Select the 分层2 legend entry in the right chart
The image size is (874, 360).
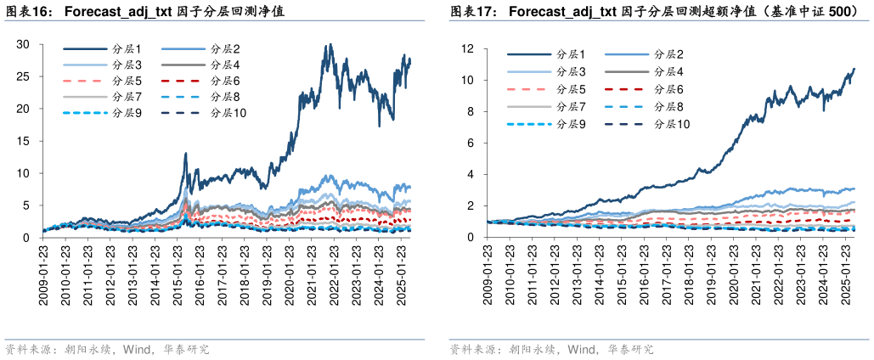pos(667,54)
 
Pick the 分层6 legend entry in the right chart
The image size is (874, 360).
pos(667,89)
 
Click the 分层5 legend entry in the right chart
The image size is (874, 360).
pos(569,89)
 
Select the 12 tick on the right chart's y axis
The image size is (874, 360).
pos(467,49)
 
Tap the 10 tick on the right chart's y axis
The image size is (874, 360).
pos(467,81)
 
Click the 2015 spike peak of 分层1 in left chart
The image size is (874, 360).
pos(185,154)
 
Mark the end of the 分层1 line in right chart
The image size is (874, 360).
pos(854,69)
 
